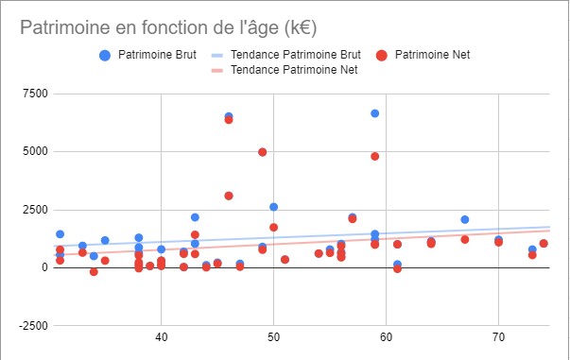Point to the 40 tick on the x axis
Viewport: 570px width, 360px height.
161,335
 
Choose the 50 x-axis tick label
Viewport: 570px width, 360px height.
273,335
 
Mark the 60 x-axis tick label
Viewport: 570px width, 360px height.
386,335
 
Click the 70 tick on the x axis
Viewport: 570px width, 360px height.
498,335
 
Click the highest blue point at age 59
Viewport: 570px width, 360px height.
375,113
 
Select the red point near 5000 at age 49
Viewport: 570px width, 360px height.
263,152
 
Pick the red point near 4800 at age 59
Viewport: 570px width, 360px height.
375,156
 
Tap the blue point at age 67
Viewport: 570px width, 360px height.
465,219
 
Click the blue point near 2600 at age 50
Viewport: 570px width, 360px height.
274,207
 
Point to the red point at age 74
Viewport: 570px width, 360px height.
544,244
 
